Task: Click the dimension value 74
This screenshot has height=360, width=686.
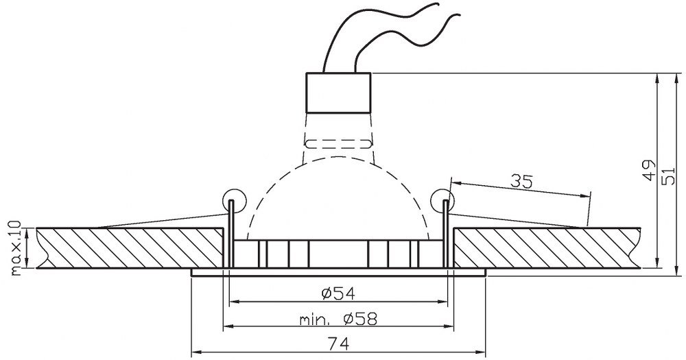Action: click(339, 344)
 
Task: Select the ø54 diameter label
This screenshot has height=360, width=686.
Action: click(338, 293)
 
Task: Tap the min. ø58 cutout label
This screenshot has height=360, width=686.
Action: click(338, 319)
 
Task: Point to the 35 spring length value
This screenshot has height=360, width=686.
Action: click(522, 180)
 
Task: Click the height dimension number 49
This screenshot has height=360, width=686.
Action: click(650, 170)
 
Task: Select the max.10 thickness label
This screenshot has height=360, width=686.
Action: click(15, 248)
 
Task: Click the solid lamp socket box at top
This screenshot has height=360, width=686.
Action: click(338, 93)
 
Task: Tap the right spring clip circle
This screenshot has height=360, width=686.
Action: click(442, 201)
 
